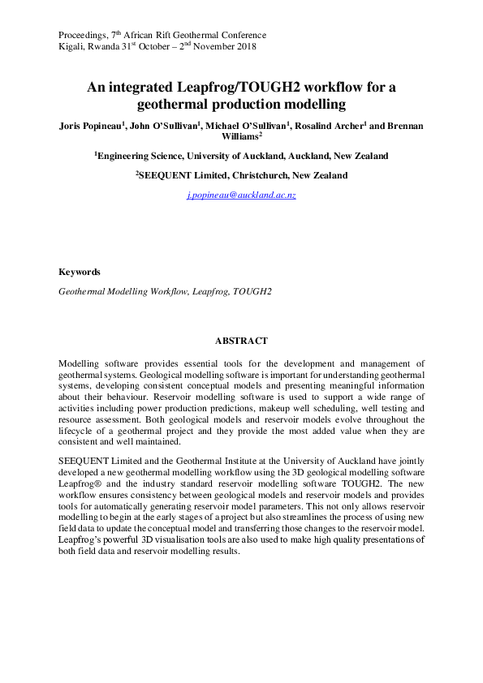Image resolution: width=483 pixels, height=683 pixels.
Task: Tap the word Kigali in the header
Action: tap(72, 47)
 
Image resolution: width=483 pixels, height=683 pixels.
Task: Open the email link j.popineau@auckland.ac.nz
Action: tap(241, 196)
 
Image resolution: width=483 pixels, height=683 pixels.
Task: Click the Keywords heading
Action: tap(80, 273)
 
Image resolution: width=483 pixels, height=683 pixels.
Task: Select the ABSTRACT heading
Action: tap(241, 341)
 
